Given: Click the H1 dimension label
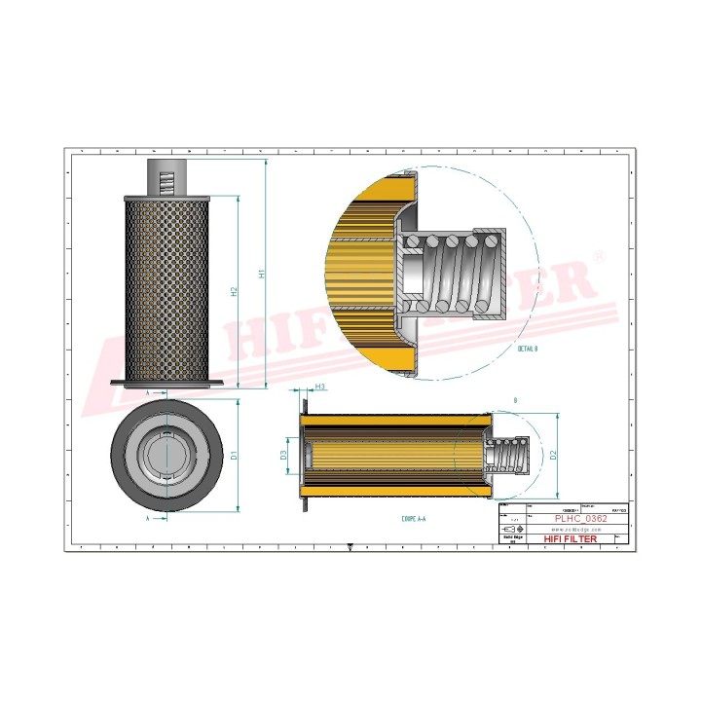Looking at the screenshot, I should click(261, 275).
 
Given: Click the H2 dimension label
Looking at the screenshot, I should click(235, 292).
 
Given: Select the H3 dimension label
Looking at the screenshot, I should click(320, 387).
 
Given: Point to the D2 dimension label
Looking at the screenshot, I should click(553, 455).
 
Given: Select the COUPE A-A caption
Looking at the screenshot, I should click(413, 520).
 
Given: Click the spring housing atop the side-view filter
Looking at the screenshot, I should click(166, 177).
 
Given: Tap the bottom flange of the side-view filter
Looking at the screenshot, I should click(166, 385).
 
